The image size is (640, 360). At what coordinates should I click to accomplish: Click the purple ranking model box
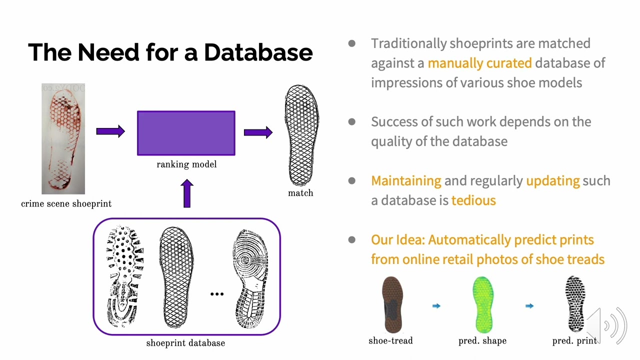(186, 133)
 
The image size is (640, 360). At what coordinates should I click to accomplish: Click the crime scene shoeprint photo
(63, 139)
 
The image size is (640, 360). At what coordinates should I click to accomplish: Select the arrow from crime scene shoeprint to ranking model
(110, 131)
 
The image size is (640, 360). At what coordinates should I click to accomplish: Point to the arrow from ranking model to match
(258, 132)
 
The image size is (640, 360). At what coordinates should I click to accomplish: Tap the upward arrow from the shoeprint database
(187, 193)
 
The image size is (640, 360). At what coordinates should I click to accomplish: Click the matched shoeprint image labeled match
(301, 135)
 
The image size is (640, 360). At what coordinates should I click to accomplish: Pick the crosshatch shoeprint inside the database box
(175, 277)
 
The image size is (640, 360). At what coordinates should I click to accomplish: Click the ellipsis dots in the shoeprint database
(217, 294)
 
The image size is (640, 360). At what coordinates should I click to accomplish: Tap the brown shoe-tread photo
(392, 305)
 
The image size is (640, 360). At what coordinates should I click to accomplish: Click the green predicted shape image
(482, 305)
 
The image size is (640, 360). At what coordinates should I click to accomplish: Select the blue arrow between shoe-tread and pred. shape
(436, 306)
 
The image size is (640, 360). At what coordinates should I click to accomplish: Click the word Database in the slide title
(258, 52)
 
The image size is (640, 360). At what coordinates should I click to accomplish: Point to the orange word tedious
(473, 200)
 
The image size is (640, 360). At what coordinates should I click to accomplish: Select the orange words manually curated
(479, 63)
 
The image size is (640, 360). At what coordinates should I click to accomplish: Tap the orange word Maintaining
(406, 180)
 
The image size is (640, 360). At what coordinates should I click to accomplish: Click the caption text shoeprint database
(185, 343)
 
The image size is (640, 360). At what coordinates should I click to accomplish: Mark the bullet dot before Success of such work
(352, 122)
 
